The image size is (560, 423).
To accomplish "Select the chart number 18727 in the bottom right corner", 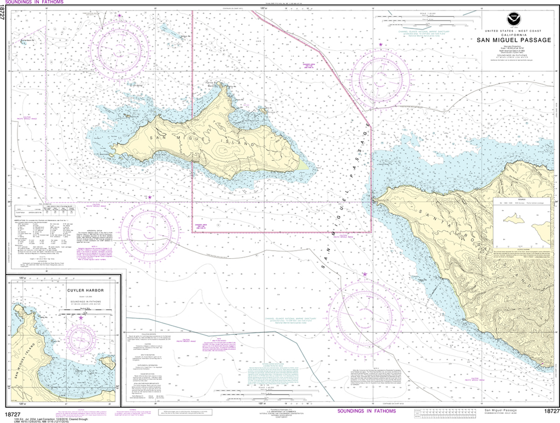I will (551, 411).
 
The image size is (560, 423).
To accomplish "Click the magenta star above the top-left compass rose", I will (120, 16).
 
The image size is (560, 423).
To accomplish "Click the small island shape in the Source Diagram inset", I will (515, 220).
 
